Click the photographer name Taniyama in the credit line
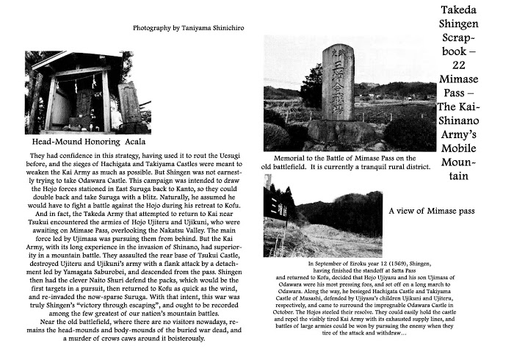coord(202,28)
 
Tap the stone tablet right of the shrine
coord(129,102)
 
